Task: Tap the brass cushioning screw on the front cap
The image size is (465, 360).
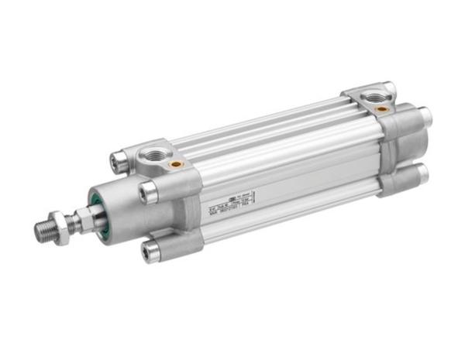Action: (177, 164)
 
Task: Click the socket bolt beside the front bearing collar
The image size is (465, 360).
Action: (146, 191)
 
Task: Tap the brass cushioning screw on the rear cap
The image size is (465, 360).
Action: (383, 109)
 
